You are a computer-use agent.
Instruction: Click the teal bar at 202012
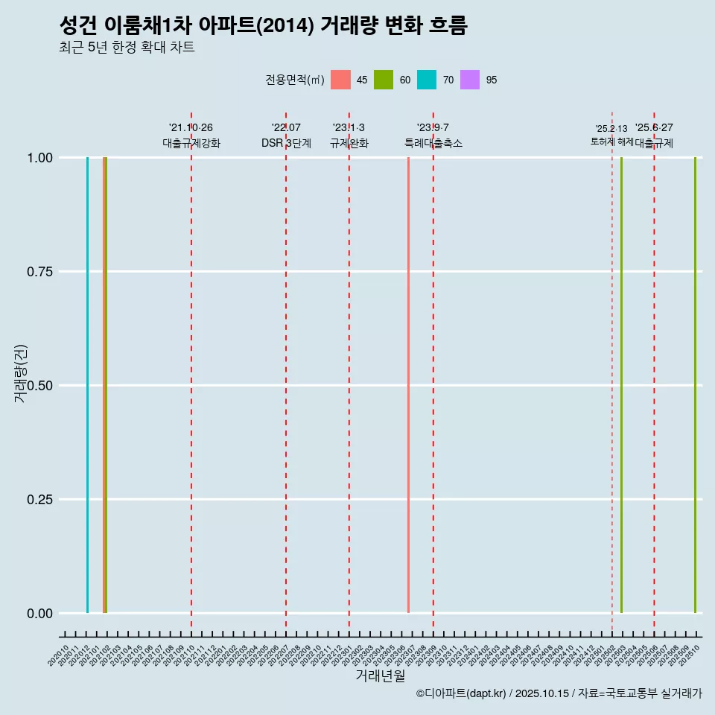87,385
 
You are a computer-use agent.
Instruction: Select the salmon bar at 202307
408,385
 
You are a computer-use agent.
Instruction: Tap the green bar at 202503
621,385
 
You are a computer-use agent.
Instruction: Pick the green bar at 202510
695,385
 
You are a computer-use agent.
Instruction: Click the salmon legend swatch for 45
340,80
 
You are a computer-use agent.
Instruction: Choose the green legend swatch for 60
384,80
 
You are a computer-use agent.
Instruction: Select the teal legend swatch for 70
427,80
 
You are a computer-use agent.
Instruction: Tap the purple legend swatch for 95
470,80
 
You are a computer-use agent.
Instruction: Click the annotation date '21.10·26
191,128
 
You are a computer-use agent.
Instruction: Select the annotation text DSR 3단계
286,143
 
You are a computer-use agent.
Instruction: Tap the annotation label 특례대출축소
433,143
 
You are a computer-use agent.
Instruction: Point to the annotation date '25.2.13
611,129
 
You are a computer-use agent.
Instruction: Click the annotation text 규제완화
349,143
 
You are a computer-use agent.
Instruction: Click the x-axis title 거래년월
380,676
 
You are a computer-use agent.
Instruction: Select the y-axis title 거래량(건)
21,373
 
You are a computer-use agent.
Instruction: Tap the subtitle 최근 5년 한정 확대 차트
127,48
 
